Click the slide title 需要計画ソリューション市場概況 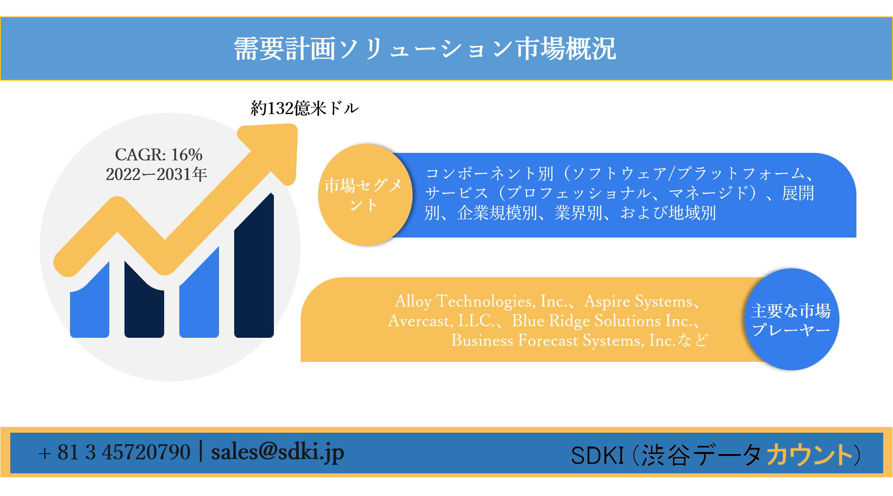tap(425, 49)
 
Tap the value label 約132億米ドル tap(305, 108)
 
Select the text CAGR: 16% tap(158, 155)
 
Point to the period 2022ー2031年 tap(156, 174)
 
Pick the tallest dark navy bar tap(254, 276)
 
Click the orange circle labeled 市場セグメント tap(365, 195)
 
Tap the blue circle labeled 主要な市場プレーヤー tap(791, 320)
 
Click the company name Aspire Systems tap(639, 301)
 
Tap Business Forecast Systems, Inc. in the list tap(564, 340)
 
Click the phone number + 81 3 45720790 tap(115, 452)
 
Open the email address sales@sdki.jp tap(277, 452)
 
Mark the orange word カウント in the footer tap(809, 455)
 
